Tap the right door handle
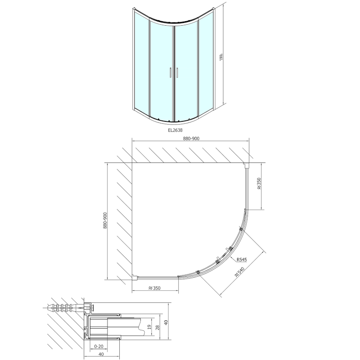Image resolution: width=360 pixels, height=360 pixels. [x=178, y=72]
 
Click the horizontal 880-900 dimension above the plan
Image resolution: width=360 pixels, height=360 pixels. [x=191, y=139]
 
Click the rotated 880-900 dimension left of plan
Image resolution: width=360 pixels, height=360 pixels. [x=104, y=221]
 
